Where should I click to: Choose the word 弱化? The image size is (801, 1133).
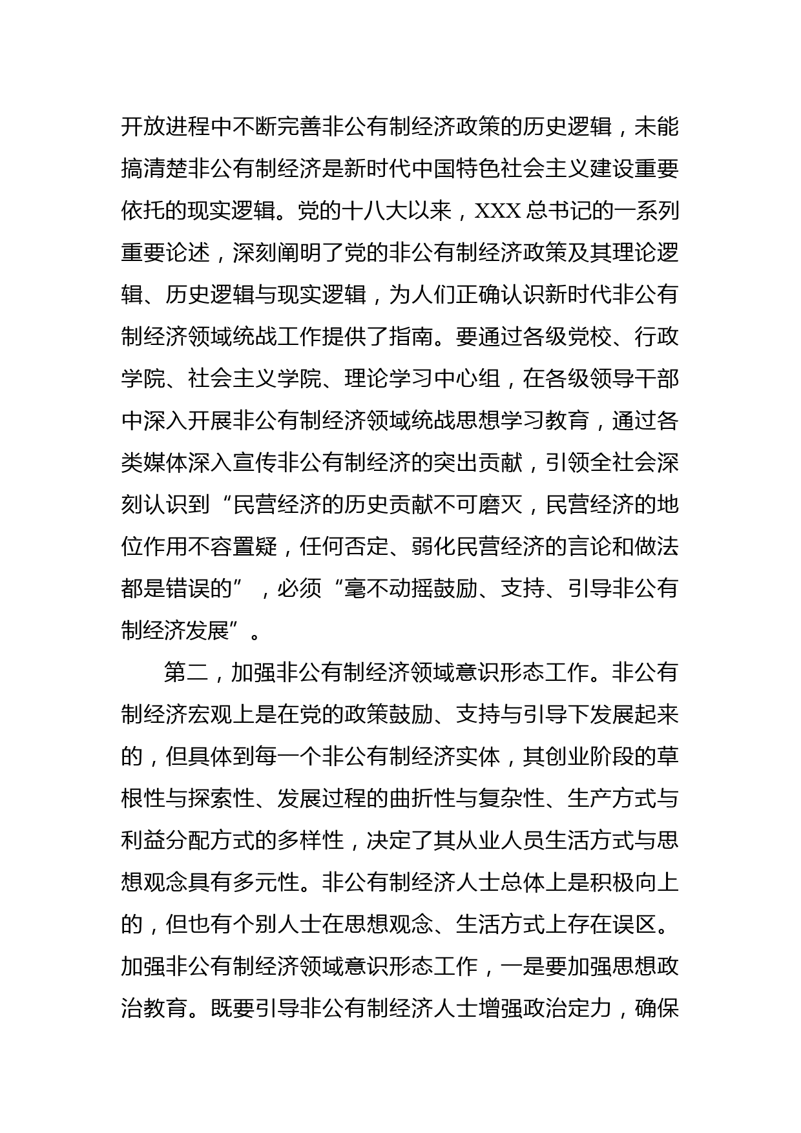tap(432, 547)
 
